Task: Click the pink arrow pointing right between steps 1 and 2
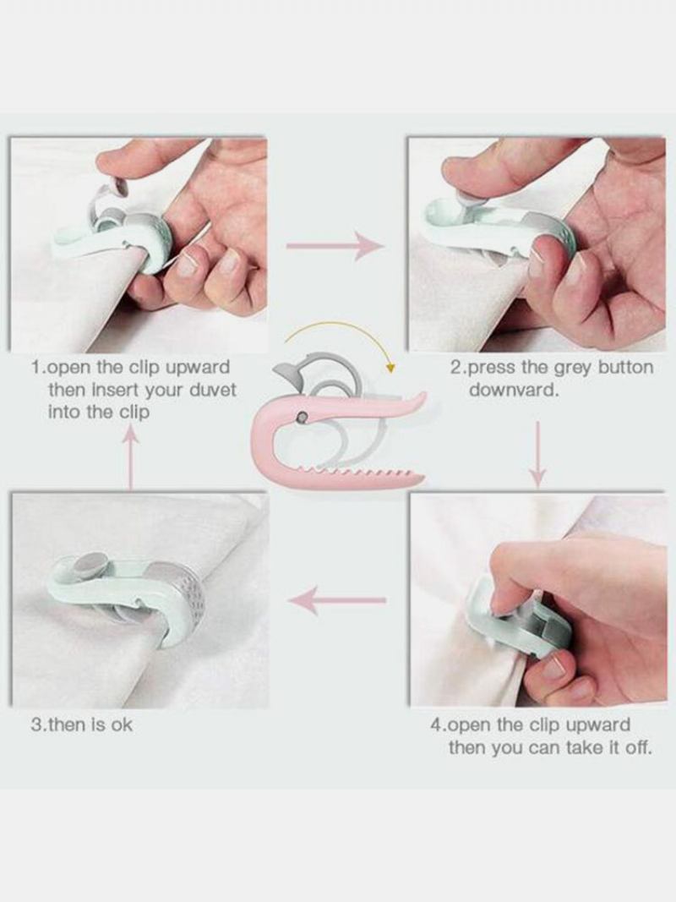(x=335, y=246)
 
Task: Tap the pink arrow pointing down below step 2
(x=537, y=455)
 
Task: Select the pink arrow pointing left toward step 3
(x=337, y=600)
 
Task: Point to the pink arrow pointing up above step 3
(x=132, y=457)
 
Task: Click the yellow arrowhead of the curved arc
(x=391, y=368)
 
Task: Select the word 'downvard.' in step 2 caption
(x=514, y=390)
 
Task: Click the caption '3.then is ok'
(x=82, y=724)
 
